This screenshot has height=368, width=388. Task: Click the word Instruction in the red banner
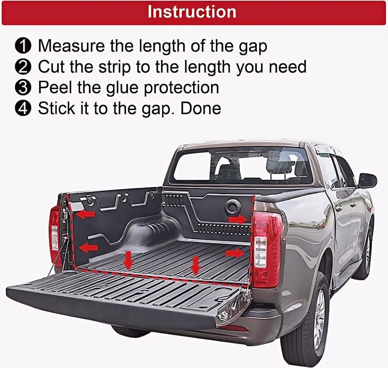[x=192, y=12]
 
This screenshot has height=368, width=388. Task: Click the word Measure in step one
[x=71, y=46]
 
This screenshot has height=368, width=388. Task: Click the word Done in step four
[x=200, y=108]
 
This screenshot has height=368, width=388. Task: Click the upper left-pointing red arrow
[x=86, y=215]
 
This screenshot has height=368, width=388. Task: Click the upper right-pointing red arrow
[x=238, y=220]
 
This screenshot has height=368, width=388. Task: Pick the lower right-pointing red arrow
[x=235, y=253]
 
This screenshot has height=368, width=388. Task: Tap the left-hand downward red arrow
[x=129, y=260]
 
